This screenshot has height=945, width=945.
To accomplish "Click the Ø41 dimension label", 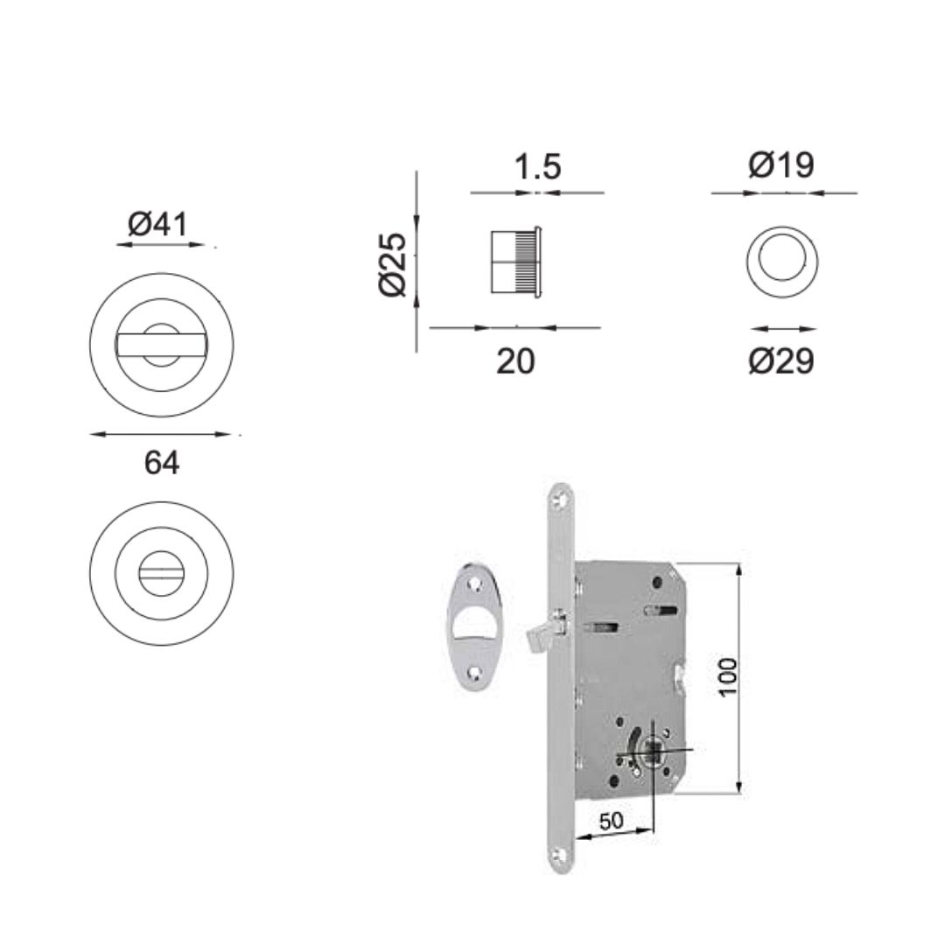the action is click(x=157, y=224).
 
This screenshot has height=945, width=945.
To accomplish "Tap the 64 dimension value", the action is click(x=162, y=464).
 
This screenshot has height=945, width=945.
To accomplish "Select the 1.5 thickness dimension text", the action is click(x=537, y=166).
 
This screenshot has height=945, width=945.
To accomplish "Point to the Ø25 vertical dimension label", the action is click(x=393, y=264).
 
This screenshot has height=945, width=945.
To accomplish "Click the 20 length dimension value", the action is click(x=515, y=361).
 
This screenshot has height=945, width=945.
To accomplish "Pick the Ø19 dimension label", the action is click(x=781, y=164).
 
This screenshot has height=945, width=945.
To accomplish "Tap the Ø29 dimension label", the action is click(x=781, y=361).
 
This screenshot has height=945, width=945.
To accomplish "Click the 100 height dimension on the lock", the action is click(x=728, y=676).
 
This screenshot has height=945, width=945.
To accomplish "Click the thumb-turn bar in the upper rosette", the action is click(x=161, y=344).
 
